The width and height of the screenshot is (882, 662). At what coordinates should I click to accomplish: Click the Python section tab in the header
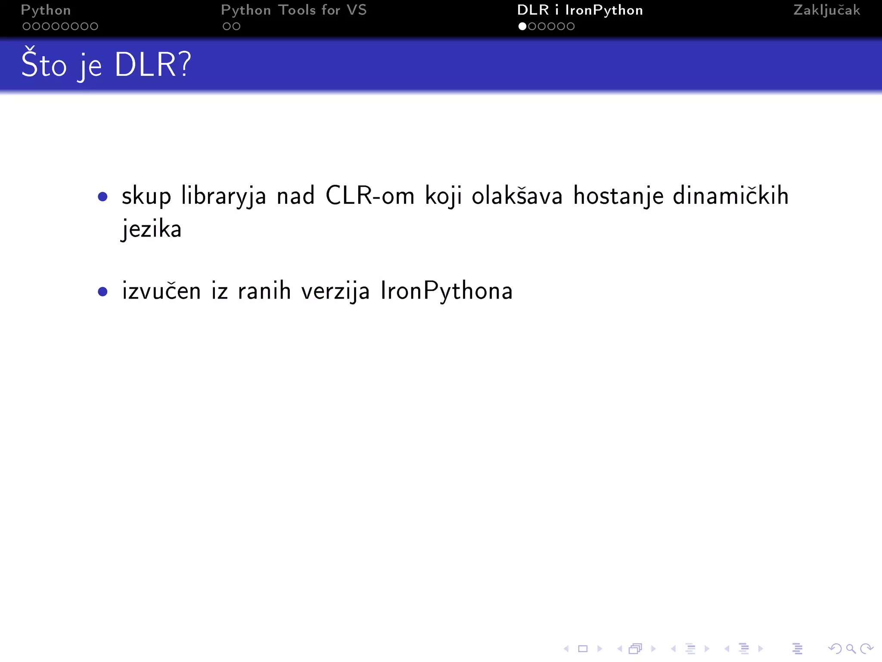[46, 10]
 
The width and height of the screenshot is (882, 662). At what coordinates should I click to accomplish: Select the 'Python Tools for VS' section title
[294, 10]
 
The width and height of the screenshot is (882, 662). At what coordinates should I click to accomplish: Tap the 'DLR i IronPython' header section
[580, 10]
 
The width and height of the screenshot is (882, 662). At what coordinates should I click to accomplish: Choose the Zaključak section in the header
[826, 10]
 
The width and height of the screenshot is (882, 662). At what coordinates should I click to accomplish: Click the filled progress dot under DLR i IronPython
[522, 26]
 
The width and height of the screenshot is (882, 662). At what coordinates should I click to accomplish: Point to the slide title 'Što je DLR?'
[106, 65]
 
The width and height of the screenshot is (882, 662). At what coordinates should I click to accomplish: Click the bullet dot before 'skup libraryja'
[102, 197]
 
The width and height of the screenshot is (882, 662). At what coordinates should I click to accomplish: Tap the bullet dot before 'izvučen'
[102, 292]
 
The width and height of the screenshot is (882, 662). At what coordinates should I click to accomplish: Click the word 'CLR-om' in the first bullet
[370, 196]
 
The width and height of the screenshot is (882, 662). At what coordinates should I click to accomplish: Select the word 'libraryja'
[224, 197]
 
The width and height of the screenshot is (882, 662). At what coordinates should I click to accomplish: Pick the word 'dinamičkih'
[730, 196]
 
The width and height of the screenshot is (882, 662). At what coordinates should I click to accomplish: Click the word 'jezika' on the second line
[151, 229]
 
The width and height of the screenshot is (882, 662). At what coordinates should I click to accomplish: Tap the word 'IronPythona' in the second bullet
[447, 291]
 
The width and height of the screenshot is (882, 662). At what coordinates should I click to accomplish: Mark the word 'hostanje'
[618, 197]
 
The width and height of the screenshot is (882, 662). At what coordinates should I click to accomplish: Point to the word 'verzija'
[335, 291]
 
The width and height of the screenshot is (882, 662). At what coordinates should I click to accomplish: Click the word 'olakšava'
[517, 196]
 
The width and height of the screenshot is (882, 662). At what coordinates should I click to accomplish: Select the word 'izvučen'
[161, 291]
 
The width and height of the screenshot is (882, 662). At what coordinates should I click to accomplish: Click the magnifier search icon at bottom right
[851, 649]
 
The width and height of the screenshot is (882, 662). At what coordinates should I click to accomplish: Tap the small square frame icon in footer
[583, 649]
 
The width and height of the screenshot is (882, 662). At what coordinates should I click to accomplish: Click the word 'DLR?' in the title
[152, 65]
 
